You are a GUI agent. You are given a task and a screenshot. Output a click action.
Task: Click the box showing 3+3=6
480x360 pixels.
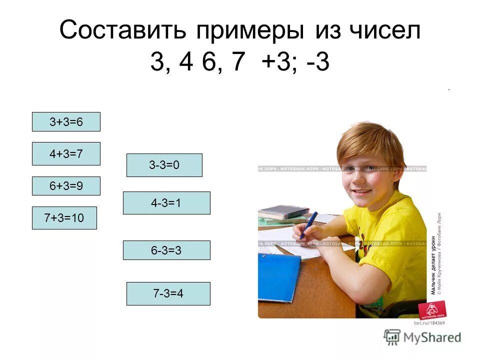66,122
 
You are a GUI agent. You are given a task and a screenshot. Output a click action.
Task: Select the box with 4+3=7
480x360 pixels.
66,154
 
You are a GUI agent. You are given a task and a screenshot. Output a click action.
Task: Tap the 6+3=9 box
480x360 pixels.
66,186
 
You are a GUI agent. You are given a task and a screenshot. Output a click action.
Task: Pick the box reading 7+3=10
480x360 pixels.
64,218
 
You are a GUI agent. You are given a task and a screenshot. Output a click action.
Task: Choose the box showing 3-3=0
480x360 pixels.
164,165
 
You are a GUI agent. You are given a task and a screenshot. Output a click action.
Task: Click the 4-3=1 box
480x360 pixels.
166,203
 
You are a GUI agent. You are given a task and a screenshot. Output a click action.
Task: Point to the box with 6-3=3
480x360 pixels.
166,250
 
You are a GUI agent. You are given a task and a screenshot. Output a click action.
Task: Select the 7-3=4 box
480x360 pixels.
168,293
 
